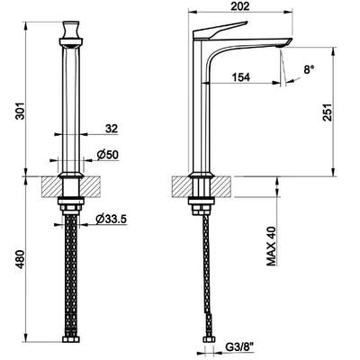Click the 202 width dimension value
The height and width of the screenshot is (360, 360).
240,6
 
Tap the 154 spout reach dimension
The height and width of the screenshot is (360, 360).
241,77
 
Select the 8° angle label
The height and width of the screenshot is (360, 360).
309,70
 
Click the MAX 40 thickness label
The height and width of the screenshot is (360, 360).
272,247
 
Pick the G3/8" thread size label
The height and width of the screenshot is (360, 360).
239,349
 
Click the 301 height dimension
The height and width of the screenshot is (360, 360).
20,111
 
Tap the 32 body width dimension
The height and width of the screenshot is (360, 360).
112,129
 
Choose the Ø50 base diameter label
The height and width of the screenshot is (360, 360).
108,155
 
